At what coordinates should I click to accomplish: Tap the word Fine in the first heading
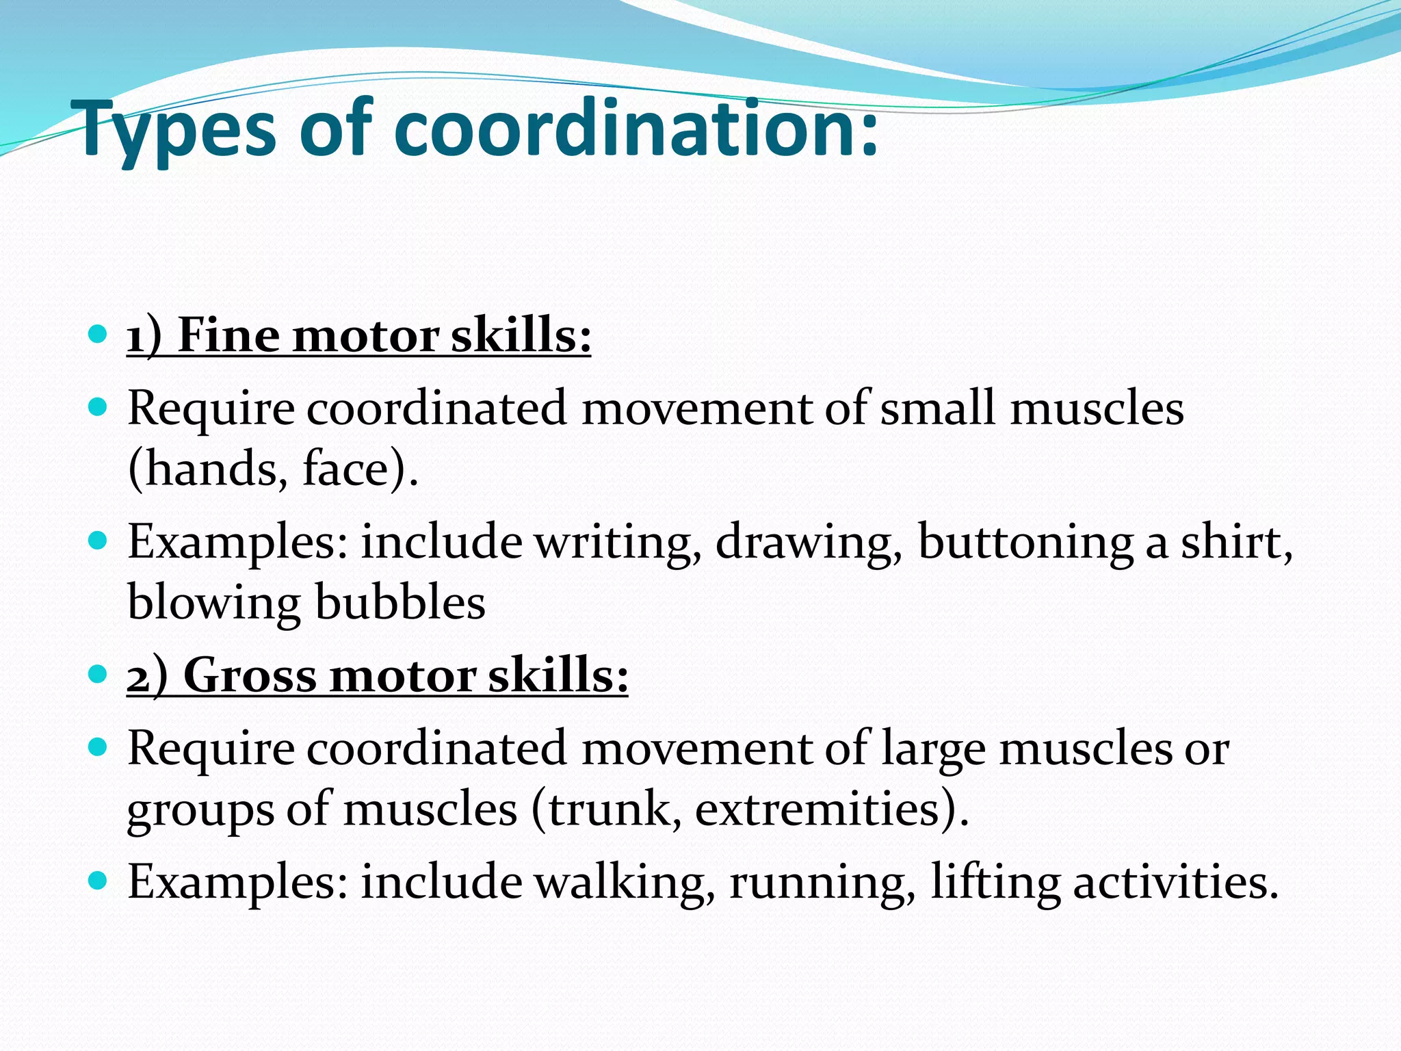click(x=228, y=336)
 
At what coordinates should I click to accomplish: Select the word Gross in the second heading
click(x=250, y=675)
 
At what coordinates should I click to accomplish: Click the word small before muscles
click(x=937, y=408)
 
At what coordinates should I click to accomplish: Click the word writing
click(x=618, y=542)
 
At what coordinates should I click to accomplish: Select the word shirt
click(x=1235, y=542)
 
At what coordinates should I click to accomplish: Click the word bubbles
click(x=400, y=603)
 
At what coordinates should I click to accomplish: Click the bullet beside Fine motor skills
click(x=99, y=335)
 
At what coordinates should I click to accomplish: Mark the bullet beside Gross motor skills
click(x=99, y=674)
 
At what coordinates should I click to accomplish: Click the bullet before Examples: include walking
click(x=99, y=880)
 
